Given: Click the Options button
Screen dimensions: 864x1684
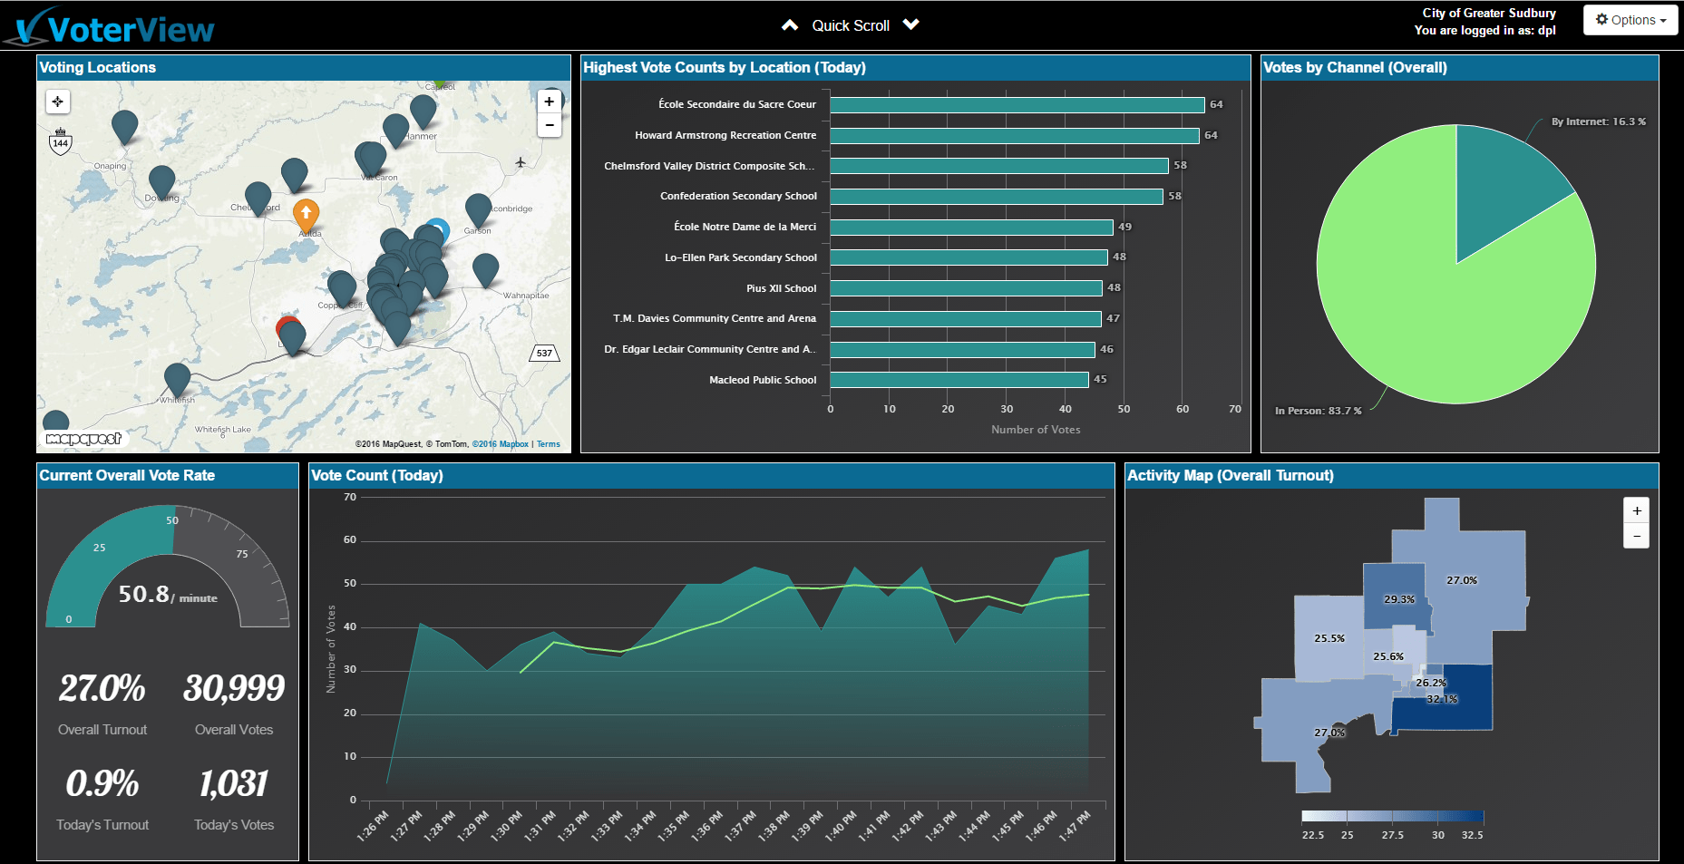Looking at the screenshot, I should pyautogui.click(x=1630, y=20).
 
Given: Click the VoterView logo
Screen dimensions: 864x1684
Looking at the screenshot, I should pyautogui.click(x=113, y=27).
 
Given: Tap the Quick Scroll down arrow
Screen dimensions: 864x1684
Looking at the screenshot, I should pyautogui.click(x=911, y=24).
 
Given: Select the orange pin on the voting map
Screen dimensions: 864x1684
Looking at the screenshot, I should pyautogui.click(x=307, y=215).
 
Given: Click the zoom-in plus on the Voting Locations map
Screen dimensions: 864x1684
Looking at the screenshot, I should pyautogui.click(x=549, y=102).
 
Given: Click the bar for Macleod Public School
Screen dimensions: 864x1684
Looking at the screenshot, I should pyautogui.click(x=959, y=380).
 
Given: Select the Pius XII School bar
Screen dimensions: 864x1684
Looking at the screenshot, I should pyautogui.click(x=966, y=288).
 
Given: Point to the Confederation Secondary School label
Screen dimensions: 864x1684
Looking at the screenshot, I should pyautogui.click(x=738, y=196).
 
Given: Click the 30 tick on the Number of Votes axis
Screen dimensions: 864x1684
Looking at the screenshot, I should pyautogui.click(x=1007, y=409).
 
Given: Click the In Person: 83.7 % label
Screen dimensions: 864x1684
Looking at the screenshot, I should pyautogui.click(x=1318, y=411).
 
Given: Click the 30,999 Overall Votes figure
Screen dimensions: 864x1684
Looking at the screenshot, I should pyautogui.click(x=234, y=688).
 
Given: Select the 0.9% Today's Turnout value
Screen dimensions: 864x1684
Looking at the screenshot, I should pyautogui.click(x=102, y=784).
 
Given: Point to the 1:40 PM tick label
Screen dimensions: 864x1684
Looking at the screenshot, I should pyautogui.click(x=834, y=826).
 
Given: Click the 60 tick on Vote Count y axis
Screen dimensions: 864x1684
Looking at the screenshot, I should pyautogui.click(x=350, y=540).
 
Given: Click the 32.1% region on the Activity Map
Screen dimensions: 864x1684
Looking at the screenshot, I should pyautogui.click(x=1442, y=699).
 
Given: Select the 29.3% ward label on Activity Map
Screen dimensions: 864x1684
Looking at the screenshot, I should pyautogui.click(x=1398, y=599).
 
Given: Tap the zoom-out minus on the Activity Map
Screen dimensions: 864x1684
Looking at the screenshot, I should pyautogui.click(x=1636, y=536).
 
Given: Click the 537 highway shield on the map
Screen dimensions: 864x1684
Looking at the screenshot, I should pyautogui.click(x=544, y=353).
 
